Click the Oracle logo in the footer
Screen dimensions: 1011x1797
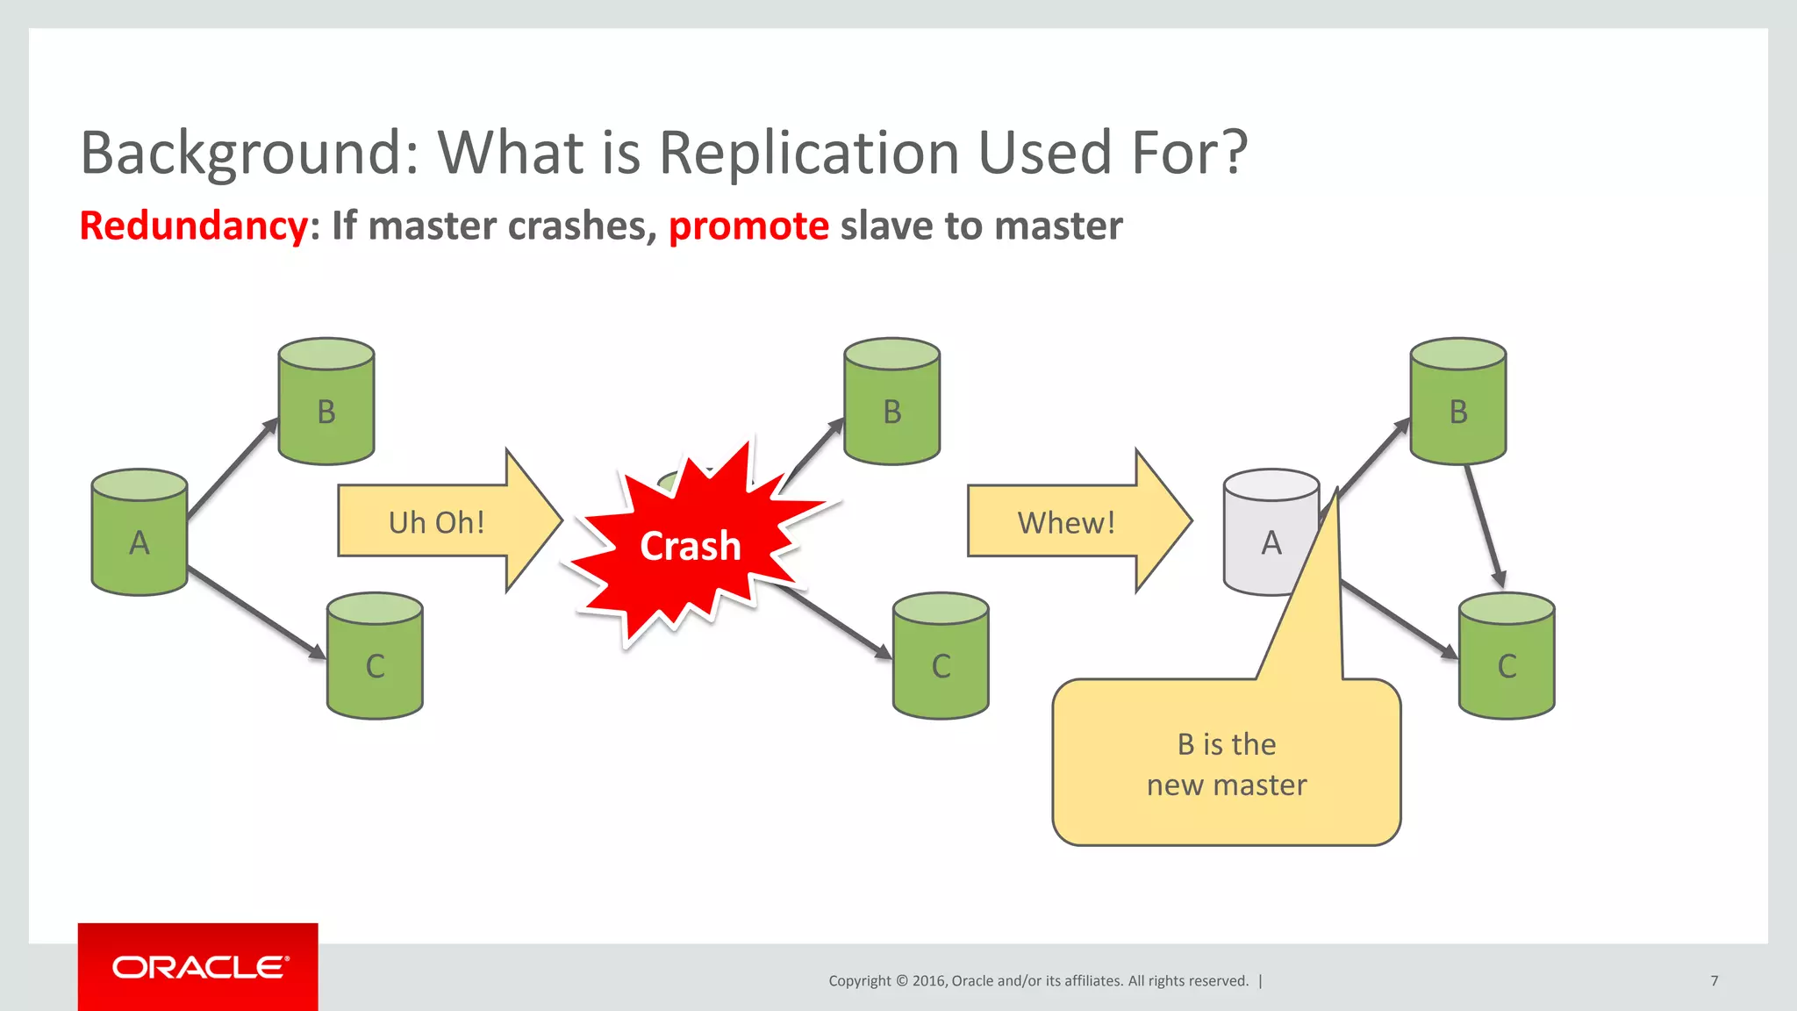point(198,967)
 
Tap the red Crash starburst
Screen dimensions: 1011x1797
point(691,546)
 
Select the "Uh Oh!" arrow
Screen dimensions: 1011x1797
point(437,521)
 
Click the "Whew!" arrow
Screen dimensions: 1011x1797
point(1066,521)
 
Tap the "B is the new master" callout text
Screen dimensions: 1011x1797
point(1227,764)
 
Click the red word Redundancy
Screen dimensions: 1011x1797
point(193,226)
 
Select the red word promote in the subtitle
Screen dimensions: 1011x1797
point(748,226)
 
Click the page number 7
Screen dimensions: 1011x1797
point(1714,980)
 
